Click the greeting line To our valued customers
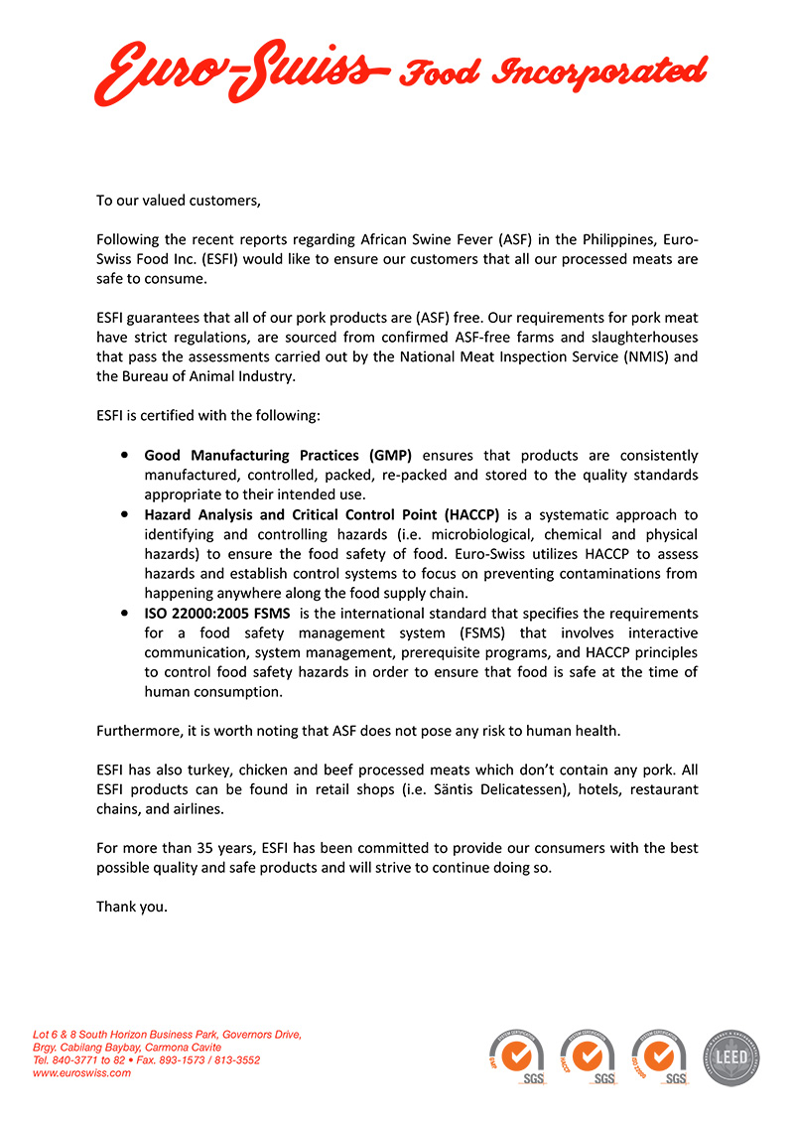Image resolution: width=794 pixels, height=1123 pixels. pyautogui.click(x=178, y=201)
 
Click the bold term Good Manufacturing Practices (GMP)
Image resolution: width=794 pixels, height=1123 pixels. pyautogui.click(x=278, y=455)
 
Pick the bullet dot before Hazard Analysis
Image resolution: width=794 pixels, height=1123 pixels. pyautogui.click(x=123, y=514)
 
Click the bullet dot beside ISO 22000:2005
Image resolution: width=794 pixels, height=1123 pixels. pyautogui.click(x=123, y=614)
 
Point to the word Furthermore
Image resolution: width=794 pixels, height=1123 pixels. pyautogui.click(x=139, y=731)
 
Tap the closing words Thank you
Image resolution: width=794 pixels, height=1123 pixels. pyautogui.click(x=131, y=907)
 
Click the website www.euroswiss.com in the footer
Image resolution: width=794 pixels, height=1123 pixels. pyautogui.click(x=81, y=1072)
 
